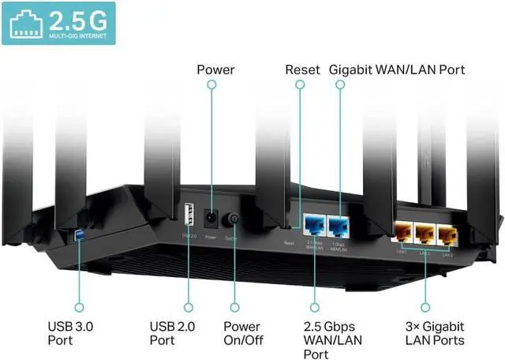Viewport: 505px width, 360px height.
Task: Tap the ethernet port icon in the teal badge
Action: coord(25,23)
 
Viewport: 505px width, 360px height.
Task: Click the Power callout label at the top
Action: coord(215,70)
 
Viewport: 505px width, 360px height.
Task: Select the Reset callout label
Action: coord(302,70)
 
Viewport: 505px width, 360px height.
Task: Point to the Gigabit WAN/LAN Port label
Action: coord(396,70)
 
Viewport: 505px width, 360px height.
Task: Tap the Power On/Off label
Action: coord(241,333)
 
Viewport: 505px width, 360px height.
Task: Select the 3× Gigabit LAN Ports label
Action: coord(434,333)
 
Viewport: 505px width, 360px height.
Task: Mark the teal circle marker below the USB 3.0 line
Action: coord(78,306)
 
